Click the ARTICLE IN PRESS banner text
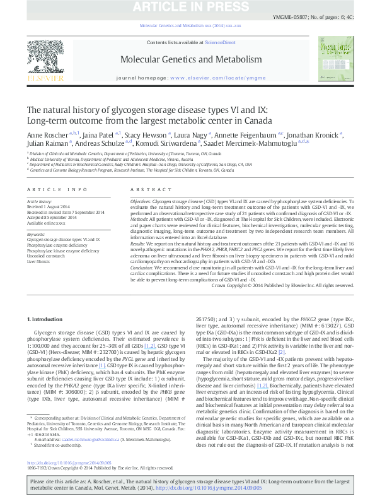click(x=187, y=6)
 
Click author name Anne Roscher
click(x=46, y=134)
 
